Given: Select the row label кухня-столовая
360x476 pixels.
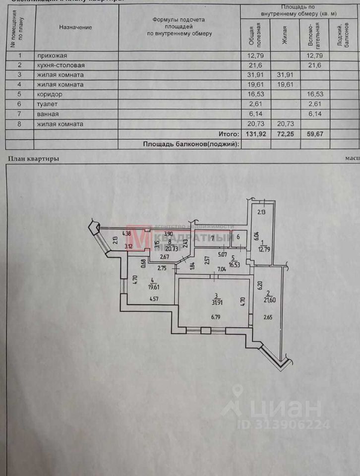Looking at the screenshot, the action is pos(60,65).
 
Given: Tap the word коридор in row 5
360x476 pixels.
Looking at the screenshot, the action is pos(49,94).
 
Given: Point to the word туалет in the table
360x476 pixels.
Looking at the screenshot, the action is pos(47,104).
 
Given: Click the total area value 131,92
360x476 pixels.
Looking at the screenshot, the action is pos(256,134).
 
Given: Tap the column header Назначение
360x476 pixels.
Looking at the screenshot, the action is pos(75,27).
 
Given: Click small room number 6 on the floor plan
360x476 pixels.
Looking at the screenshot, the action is pos(238,238).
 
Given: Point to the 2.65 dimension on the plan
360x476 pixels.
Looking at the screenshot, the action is pos(268,317).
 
